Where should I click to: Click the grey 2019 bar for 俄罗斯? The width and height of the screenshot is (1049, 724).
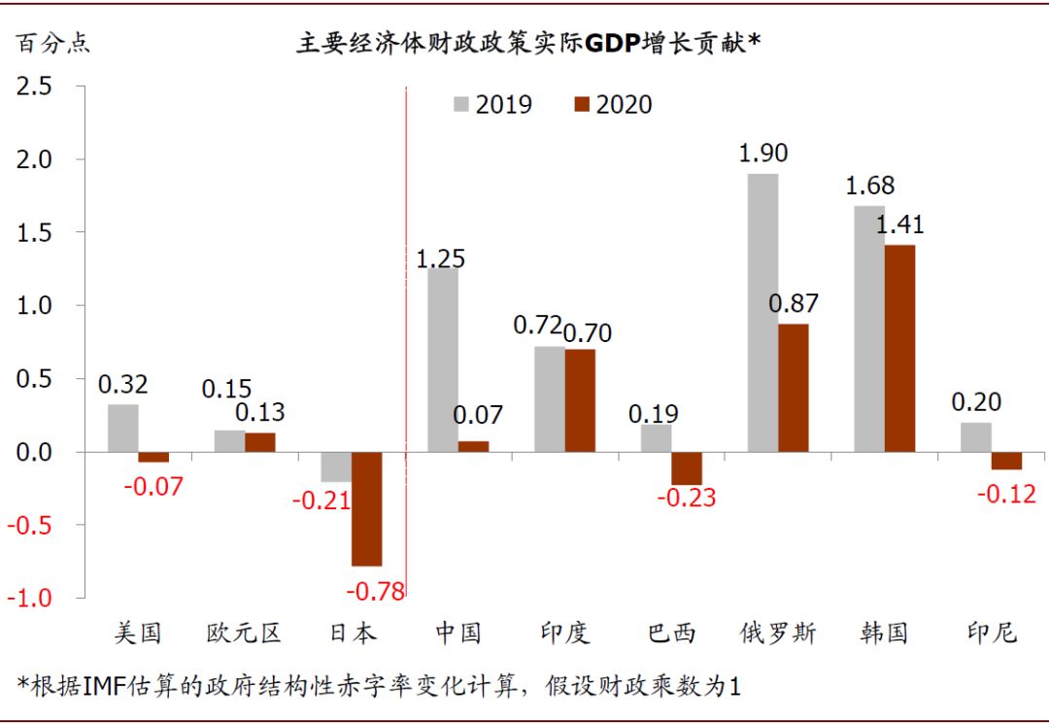point(762,312)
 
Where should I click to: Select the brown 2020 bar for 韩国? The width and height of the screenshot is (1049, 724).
point(899,348)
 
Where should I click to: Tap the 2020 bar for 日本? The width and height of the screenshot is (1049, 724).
point(366,508)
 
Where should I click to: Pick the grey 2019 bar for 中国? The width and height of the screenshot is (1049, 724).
point(443,360)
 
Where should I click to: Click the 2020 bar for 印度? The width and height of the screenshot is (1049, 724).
point(580,400)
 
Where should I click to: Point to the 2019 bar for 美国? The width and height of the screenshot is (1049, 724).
point(122,428)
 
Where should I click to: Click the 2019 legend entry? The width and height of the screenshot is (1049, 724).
point(491,104)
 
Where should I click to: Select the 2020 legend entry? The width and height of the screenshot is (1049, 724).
point(612,104)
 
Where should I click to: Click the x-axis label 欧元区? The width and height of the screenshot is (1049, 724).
point(244,634)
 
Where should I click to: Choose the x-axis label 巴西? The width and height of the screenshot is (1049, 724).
point(672,634)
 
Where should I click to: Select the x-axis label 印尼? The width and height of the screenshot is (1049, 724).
point(992,634)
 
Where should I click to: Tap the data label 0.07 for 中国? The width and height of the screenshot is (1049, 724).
point(478,415)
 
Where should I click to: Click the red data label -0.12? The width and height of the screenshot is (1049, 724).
point(1007,494)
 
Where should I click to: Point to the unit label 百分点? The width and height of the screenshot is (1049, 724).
point(51,44)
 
